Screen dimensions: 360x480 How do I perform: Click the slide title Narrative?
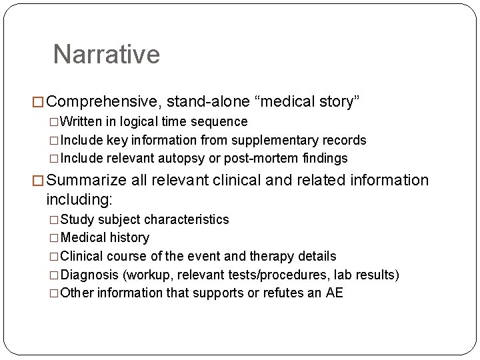[x=107, y=55]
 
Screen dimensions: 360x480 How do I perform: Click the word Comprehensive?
[x=103, y=102]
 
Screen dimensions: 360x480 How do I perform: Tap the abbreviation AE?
[x=334, y=293]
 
